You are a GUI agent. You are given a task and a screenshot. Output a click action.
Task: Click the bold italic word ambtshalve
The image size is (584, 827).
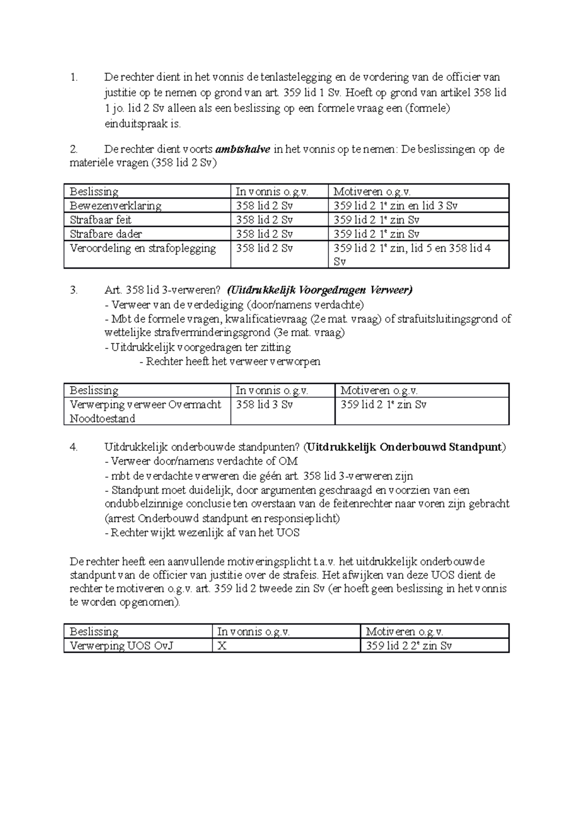click(x=242, y=150)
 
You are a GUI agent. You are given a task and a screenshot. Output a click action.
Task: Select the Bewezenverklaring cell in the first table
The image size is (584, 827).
click(x=115, y=206)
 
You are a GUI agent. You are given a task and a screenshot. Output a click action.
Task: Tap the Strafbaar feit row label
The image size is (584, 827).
click(x=101, y=220)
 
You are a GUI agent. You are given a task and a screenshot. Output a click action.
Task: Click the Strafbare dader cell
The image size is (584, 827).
click(x=106, y=234)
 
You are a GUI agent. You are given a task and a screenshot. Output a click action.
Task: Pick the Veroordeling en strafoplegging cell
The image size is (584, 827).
click(x=143, y=248)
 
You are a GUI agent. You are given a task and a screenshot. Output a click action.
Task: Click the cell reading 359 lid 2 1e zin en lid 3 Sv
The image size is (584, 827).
click(x=395, y=206)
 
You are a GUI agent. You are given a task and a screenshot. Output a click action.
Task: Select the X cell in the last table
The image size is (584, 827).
click(x=222, y=646)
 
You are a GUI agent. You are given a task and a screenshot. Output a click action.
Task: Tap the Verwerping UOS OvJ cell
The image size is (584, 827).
click(x=122, y=646)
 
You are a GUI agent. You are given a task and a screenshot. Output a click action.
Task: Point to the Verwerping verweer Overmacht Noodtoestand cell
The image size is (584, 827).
click(x=145, y=412)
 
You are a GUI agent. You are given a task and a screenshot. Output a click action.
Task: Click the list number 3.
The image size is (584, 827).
click(x=73, y=290)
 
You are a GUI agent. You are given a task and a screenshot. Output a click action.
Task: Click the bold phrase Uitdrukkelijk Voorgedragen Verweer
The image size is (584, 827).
click(x=320, y=290)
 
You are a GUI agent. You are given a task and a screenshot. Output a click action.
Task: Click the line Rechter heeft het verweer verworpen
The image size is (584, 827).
click(x=230, y=361)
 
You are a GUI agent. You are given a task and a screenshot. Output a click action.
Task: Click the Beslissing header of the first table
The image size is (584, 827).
click(x=94, y=191)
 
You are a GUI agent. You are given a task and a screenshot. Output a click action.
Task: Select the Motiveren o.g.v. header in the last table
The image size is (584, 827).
click(x=404, y=632)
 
